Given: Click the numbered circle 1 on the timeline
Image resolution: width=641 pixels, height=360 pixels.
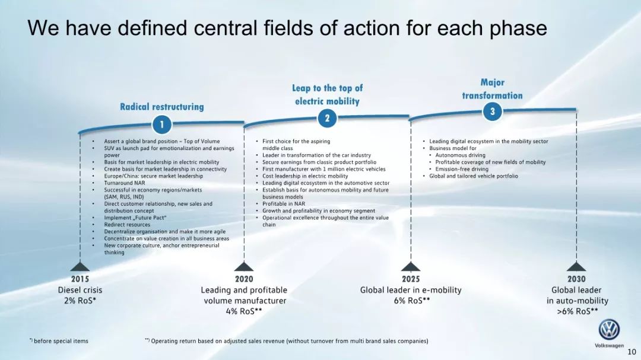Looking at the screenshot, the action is pos(161,125).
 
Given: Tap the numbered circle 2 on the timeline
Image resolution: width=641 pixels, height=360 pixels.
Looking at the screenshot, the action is pos(327,117).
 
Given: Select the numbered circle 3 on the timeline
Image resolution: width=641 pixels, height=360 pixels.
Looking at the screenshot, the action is pos(493,111).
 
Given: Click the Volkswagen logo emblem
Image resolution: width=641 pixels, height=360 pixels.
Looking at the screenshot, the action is pos(609,330).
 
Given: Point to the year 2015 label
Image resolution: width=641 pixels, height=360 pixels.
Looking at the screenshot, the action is pos(80,279).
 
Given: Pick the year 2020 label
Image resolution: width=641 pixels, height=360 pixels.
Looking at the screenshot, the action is pos(244,279).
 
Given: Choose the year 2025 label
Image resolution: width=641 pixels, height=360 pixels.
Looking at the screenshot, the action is pos(411,279).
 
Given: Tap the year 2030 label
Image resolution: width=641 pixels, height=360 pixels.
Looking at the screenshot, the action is pos(576,279).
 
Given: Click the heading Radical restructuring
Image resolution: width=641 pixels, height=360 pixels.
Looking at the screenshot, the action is pos(161,107).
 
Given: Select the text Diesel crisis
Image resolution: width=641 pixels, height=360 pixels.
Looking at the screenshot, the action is pos(80,290).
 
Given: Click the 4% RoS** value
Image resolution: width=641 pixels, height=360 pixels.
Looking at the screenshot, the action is pos(244,311).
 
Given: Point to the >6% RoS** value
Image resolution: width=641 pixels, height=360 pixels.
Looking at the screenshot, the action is pos(577,311).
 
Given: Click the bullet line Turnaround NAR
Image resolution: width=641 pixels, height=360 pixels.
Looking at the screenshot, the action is pos(125,183).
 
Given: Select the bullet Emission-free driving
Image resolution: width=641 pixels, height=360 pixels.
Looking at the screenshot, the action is pos(462,169).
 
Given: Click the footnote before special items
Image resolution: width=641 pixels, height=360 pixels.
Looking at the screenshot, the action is pos(60,341).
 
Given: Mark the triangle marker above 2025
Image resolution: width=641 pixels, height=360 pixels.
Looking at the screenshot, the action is pos(411,267).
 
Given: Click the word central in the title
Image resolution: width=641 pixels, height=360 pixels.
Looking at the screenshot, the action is pos(222,28).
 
